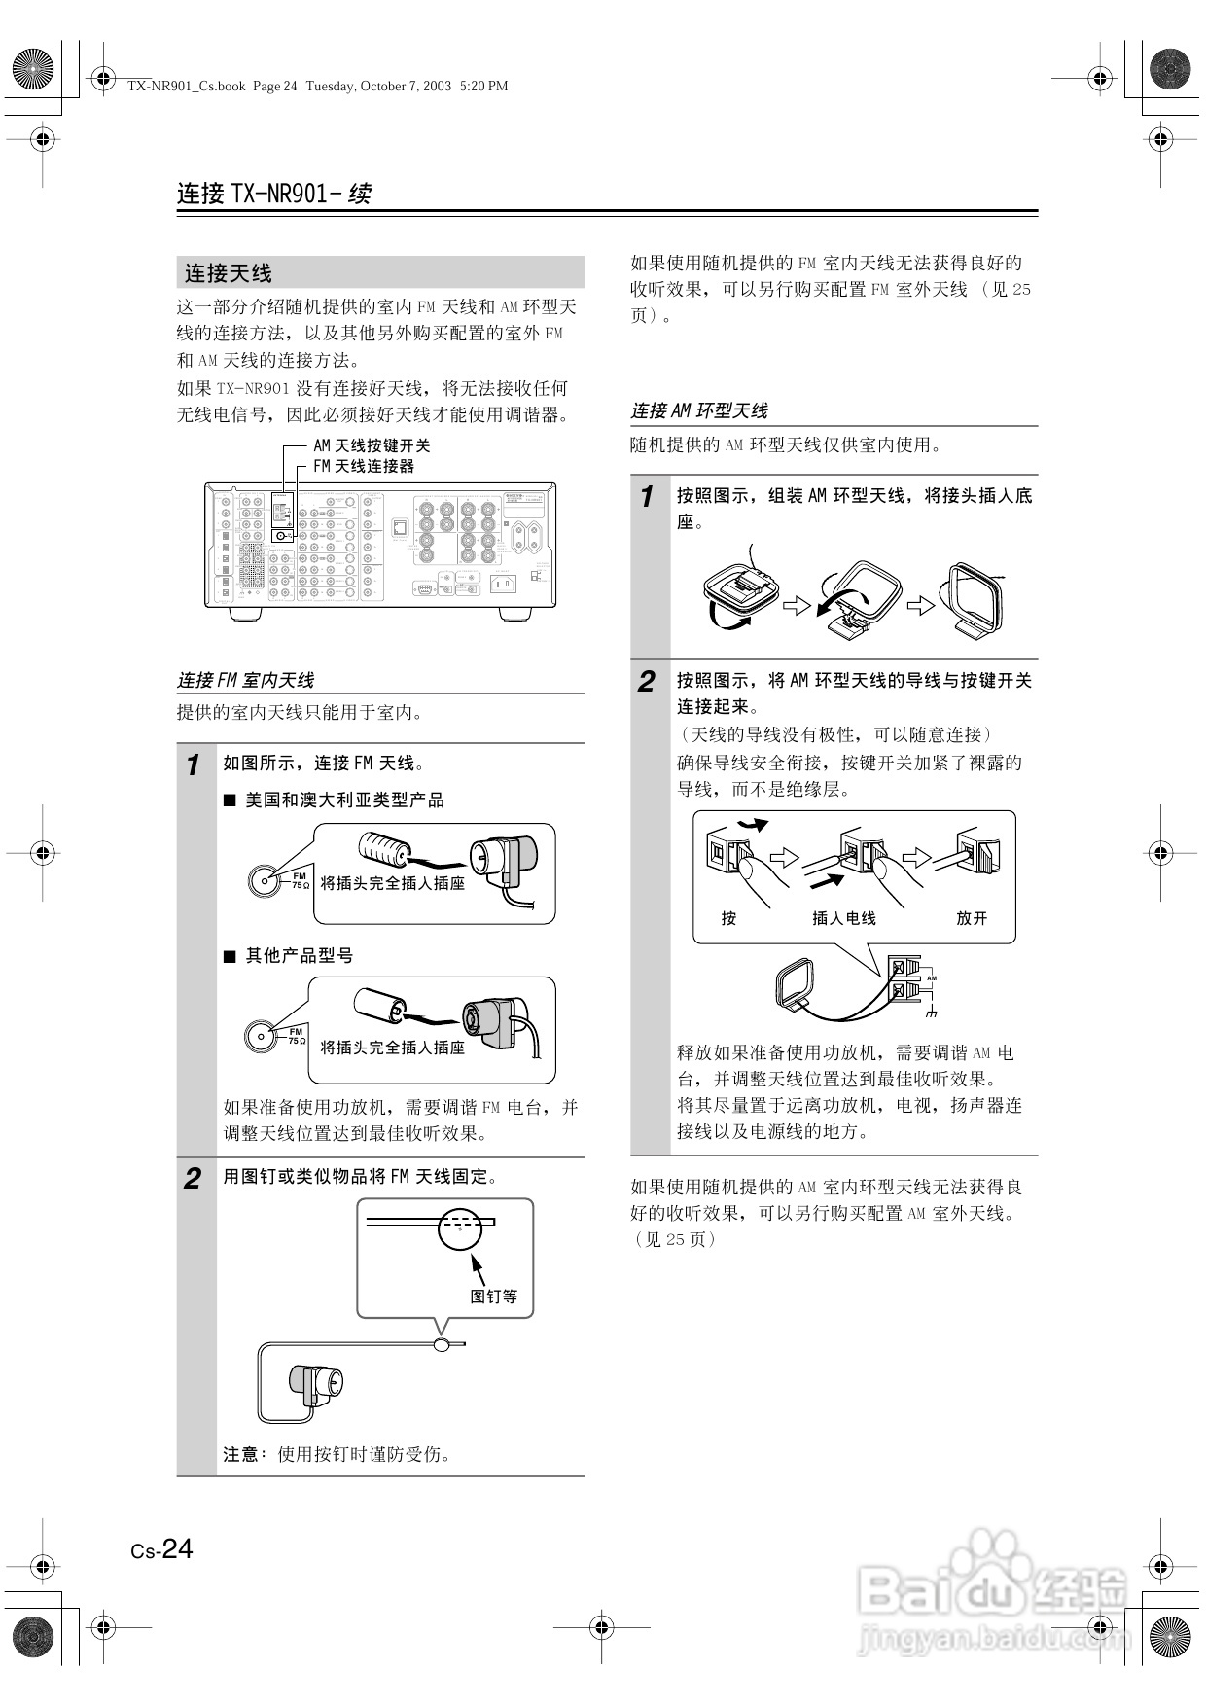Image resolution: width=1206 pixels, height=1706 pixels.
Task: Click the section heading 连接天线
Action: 229,273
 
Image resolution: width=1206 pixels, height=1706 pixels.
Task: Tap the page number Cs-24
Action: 162,1548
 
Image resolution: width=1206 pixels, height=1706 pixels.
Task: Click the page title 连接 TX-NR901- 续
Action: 274,194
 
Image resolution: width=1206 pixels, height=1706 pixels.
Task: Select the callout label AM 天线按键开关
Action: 371,445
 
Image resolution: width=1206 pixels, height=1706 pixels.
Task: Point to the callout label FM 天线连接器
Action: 363,467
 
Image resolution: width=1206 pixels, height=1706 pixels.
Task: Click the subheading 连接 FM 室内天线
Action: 245,680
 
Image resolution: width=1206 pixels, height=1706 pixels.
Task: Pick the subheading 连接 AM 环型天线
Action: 699,411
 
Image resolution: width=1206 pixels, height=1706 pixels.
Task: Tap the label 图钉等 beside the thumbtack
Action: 494,1296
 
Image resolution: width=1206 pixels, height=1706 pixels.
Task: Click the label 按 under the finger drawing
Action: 728,918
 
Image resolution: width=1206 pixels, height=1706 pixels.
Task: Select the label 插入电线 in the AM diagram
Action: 843,918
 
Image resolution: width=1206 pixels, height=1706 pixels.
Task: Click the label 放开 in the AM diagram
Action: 971,918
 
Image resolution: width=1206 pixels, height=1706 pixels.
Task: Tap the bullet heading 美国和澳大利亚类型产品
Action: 344,800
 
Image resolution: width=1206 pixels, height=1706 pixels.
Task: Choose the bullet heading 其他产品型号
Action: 299,956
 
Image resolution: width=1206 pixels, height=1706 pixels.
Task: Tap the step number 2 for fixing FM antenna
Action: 193,1179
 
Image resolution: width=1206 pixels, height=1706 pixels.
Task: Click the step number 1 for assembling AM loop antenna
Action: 646,497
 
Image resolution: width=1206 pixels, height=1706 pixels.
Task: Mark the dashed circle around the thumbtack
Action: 460,1228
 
